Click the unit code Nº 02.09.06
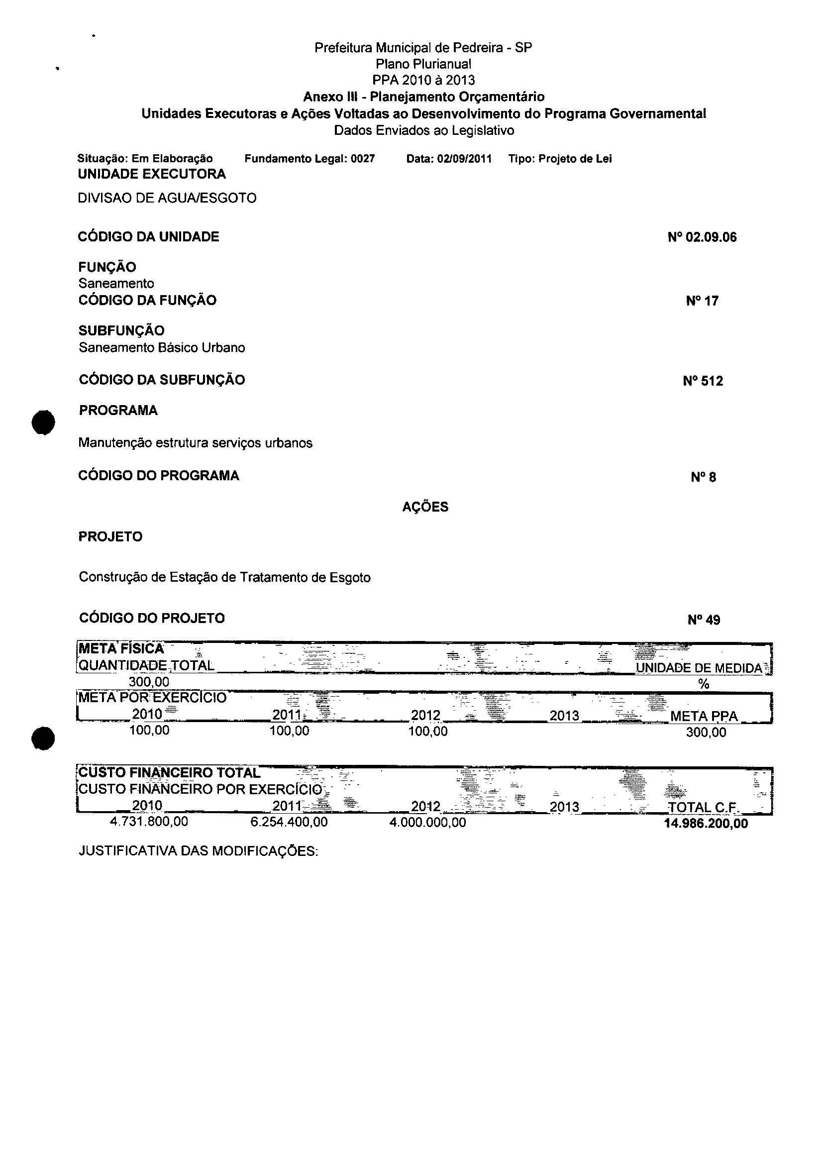pyautogui.click(x=702, y=237)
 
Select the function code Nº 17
pyautogui.click(x=702, y=301)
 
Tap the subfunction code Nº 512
pyautogui.click(x=703, y=381)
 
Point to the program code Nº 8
pyautogui.click(x=703, y=478)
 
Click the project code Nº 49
pyautogui.click(x=704, y=620)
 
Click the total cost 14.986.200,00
pyautogui.click(x=706, y=824)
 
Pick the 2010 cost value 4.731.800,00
pyautogui.click(x=149, y=822)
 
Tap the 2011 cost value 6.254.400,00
pyautogui.click(x=289, y=822)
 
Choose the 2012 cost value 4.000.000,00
pyautogui.click(x=428, y=822)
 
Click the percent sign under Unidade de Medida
pyautogui.click(x=703, y=685)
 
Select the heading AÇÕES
pyautogui.click(x=425, y=507)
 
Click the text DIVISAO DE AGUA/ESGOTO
pyautogui.click(x=167, y=198)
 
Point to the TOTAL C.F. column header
pyautogui.click(x=703, y=807)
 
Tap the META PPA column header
pyautogui.click(x=704, y=716)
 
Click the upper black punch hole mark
pyautogui.click(x=43, y=422)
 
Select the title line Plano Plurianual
pyautogui.click(x=423, y=64)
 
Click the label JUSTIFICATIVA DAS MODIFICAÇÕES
pyautogui.click(x=199, y=851)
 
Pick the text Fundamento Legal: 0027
pyautogui.click(x=309, y=159)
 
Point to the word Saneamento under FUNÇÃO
pyautogui.click(x=116, y=284)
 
